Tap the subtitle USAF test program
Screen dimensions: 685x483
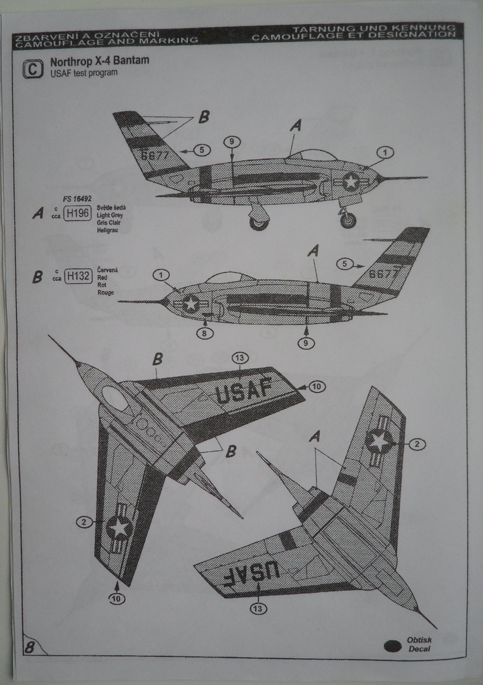(x=83, y=73)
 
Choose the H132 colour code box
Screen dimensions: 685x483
(x=78, y=276)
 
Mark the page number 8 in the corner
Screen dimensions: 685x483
(x=29, y=647)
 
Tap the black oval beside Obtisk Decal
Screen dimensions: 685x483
(x=393, y=646)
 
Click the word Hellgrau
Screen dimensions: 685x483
(x=107, y=231)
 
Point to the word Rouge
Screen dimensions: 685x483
(x=106, y=293)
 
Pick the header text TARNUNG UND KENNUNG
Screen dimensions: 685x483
(x=374, y=28)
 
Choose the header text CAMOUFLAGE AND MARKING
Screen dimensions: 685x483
(x=108, y=41)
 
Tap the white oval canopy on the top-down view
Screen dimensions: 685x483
(x=115, y=398)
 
